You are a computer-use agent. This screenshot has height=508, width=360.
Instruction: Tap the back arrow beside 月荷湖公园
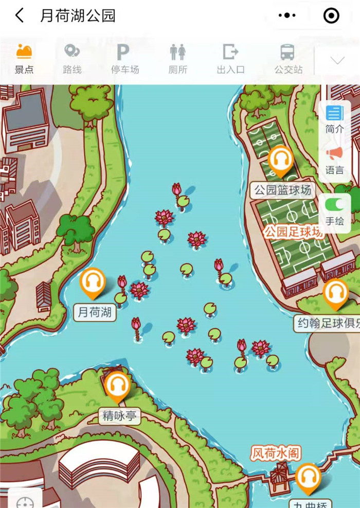click(x=20, y=16)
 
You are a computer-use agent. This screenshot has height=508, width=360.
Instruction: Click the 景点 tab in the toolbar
click(x=24, y=59)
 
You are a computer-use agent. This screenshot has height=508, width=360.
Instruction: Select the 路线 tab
click(x=72, y=59)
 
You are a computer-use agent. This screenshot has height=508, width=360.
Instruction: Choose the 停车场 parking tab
click(x=124, y=59)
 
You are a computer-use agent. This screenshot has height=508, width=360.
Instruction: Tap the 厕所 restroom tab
click(x=177, y=59)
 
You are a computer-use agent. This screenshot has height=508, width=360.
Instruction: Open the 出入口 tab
click(x=230, y=59)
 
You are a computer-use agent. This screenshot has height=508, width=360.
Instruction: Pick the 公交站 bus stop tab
click(x=287, y=59)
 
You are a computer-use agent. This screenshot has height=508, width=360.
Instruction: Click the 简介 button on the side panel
click(x=334, y=119)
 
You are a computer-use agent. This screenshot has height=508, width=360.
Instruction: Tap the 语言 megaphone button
click(x=334, y=160)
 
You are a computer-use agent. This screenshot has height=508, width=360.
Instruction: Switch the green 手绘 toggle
click(x=335, y=205)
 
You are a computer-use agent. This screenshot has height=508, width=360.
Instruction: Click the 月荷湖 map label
click(x=95, y=312)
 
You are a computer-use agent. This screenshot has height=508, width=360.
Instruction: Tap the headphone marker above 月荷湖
click(x=93, y=283)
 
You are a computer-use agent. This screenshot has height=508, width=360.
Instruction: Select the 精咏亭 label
click(x=120, y=416)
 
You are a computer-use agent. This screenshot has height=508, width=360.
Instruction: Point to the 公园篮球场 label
click(x=283, y=190)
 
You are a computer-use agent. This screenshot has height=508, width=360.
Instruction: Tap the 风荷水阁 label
click(x=276, y=453)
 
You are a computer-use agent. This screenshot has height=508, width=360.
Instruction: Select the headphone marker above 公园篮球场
click(x=281, y=160)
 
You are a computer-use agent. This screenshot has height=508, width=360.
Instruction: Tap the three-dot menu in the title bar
click(x=287, y=16)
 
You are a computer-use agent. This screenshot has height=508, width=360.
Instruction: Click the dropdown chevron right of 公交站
click(x=337, y=60)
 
